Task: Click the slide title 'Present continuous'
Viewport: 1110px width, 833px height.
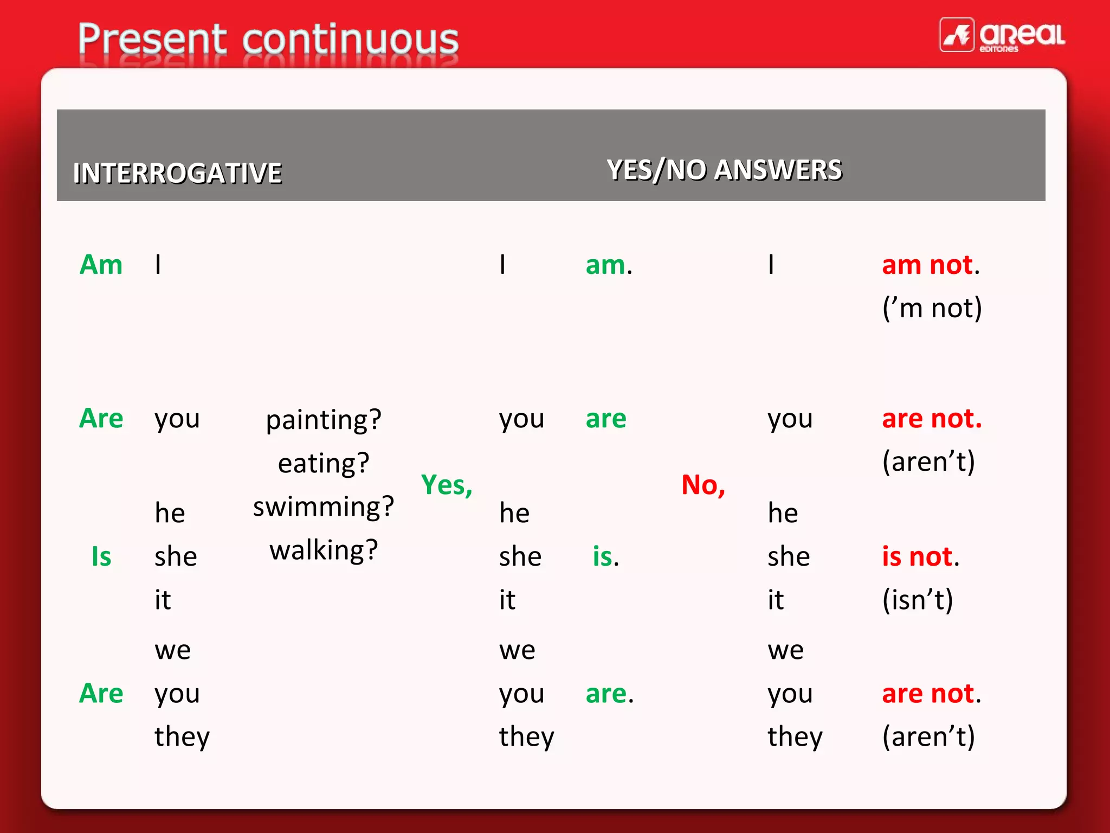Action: [268, 39]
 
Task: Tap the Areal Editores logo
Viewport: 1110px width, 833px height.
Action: [1002, 35]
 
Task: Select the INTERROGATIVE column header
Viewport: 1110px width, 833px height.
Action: [177, 174]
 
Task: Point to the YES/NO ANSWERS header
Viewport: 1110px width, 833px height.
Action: [724, 170]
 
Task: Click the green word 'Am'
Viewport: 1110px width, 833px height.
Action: [101, 265]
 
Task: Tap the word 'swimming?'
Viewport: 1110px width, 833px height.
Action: [324, 507]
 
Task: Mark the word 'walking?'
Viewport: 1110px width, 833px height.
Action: [324, 550]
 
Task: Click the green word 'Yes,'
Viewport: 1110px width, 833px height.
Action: [447, 485]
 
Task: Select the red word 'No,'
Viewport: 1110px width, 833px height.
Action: [703, 485]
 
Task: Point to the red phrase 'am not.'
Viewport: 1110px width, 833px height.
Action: [931, 265]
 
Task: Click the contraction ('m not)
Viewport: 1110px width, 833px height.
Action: [932, 308]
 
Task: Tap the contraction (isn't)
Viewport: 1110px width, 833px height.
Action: [917, 600]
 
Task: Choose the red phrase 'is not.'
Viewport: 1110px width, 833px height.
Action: [920, 557]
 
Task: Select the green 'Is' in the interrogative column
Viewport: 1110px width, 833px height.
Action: [101, 557]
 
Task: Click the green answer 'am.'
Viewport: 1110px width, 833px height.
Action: [609, 265]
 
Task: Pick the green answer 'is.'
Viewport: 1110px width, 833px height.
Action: [605, 557]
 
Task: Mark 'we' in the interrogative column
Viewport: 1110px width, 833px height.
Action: [172, 650]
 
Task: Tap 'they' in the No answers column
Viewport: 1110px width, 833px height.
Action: [795, 736]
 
